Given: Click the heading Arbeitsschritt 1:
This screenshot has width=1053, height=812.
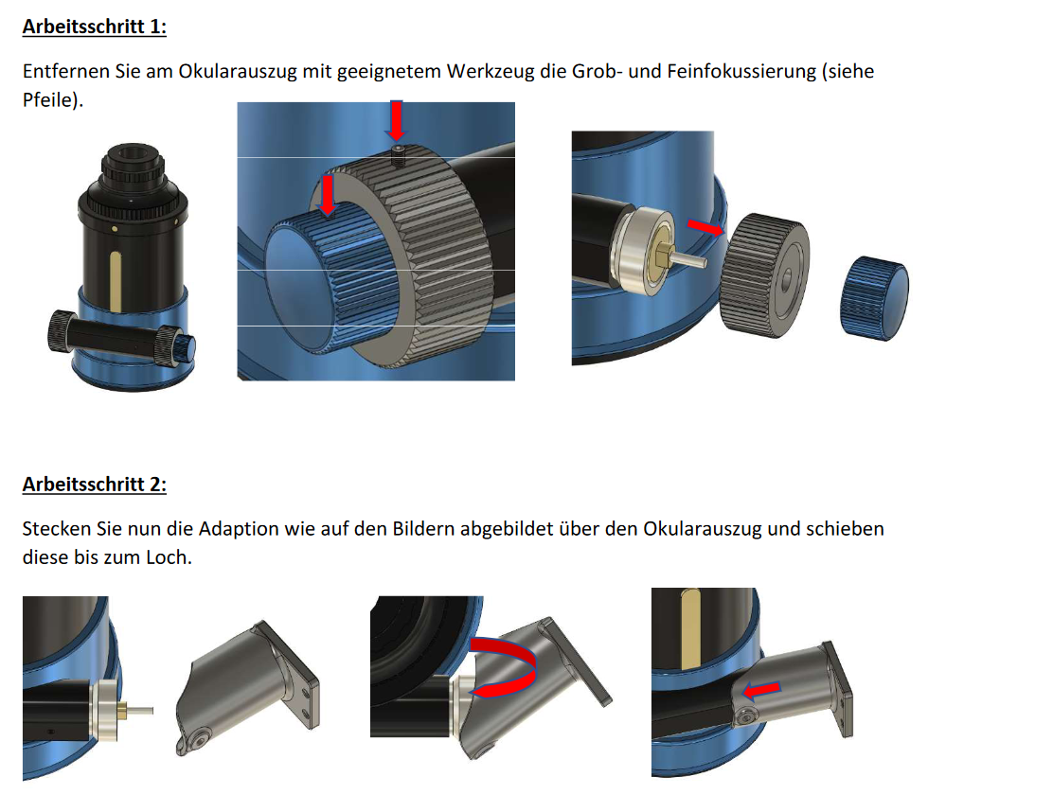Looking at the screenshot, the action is pyautogui.click(x=94, y=26).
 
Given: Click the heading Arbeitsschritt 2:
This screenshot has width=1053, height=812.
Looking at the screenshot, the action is pyautogui.click(x=94, y=484).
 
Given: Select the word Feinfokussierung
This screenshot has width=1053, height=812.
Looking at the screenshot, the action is pyautogui.click(x=741, y=71).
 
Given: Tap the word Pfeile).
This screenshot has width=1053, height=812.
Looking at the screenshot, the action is pyautogui.click(x=53, y=100).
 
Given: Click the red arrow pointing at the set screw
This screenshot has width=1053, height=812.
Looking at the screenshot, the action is pyautogui.click(x=397, y=121).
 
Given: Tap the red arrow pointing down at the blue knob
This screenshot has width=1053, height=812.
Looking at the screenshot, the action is pyautogui.click(x=327, y=195).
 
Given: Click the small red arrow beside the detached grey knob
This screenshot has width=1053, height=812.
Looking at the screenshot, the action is pyautogui.click(x=705, y=228).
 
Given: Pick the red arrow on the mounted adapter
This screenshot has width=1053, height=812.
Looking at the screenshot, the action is pyautogui.click(x=761, y=690).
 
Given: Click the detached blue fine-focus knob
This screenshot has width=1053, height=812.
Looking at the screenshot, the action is pyautogui.click(x=874, y=298).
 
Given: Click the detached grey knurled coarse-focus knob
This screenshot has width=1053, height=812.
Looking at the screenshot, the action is pyautogui.click(x=764, y=275).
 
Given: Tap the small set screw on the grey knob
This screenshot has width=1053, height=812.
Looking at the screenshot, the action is pyautogui.click(x=399, y=156).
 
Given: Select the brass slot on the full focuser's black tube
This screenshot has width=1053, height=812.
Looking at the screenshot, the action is pyautogui.click(x=116, y=281).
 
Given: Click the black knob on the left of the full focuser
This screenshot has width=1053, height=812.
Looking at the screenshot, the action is pyautogui.click(x=62, y=331).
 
